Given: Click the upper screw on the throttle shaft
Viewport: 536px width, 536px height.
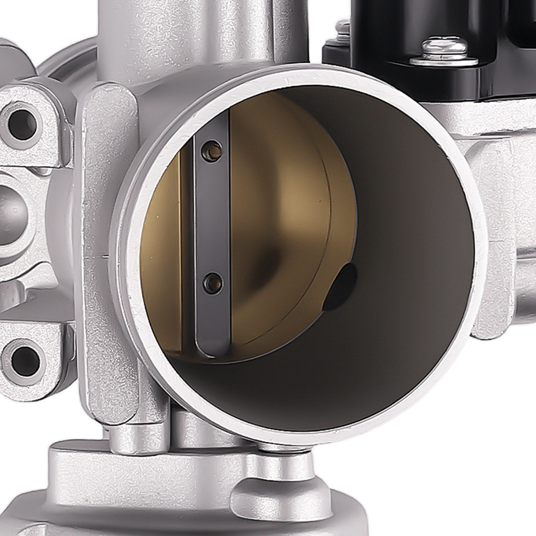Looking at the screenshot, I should coord(212,151).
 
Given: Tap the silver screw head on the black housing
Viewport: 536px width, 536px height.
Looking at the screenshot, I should coord(444,47).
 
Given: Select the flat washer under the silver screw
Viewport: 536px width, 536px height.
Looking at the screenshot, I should coord(444,60).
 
